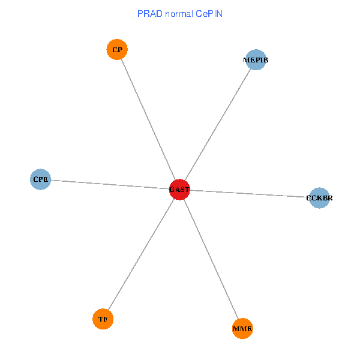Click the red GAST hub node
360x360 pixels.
coord(179,190)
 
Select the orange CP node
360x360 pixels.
coord(117,50)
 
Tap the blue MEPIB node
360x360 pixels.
coord(256,60)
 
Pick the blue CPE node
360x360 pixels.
coord(41,179)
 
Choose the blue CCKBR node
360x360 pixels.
coord(319,197)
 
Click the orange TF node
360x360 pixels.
coord(103,319)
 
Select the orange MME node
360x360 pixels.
coord(242,328)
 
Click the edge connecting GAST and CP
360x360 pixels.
coord(148,120)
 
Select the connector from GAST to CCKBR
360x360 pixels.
coord(249,193)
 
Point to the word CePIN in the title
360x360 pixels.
coord(209,13)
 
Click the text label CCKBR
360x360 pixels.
coord(319,197)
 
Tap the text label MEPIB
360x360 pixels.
coord(256,60)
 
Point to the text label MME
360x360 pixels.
coord(242,329)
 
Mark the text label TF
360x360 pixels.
coord(103,319)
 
